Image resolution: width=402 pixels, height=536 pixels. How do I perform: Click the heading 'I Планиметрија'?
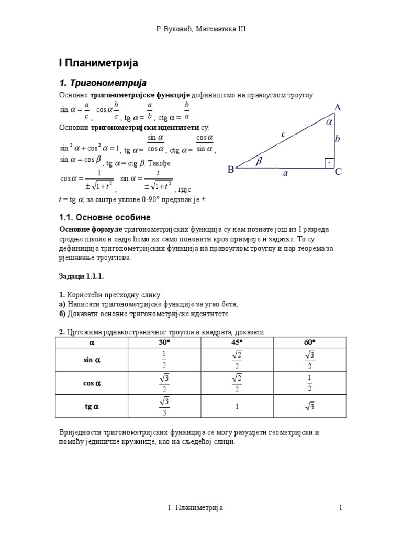(97, 63)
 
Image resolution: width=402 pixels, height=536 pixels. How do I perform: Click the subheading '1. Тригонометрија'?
(103, 83)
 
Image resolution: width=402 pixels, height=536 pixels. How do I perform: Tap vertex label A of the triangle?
(338, 108)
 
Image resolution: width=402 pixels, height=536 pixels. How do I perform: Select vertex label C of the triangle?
(338, 171)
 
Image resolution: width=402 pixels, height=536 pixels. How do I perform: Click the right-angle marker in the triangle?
(328, 162)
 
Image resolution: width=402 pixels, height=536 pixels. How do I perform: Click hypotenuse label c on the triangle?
(283, 134)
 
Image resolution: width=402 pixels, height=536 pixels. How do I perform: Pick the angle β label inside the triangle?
(259, 162)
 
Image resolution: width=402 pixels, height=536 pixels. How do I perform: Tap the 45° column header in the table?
(238, 343)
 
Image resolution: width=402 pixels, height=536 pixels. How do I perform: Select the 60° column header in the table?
(310, 343)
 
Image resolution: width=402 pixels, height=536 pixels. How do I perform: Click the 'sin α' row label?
(92, 360)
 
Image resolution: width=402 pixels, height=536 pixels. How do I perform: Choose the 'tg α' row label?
(92, 406)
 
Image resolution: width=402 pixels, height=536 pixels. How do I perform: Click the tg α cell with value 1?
(238, 406)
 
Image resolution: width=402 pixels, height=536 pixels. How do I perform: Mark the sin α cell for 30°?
(165, 360)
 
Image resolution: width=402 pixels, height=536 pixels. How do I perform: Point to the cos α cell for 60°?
(310, 383)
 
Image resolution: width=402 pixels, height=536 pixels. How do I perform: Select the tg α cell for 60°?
(310, 406)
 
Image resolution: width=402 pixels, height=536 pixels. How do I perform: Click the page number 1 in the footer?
(340, 507)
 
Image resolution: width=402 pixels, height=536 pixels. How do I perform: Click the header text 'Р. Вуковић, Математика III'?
(201, 29)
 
